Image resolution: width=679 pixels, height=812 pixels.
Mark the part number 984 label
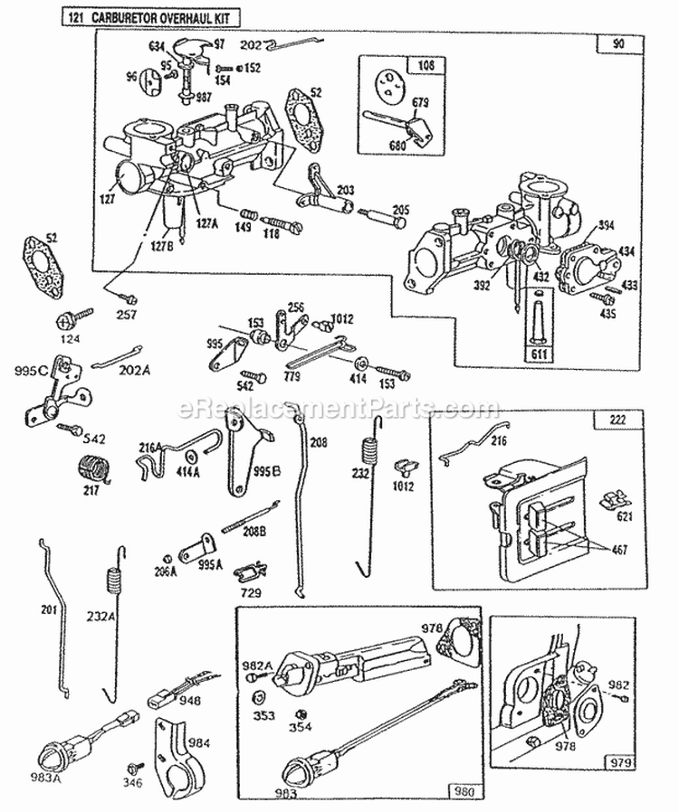click(201, 741)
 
